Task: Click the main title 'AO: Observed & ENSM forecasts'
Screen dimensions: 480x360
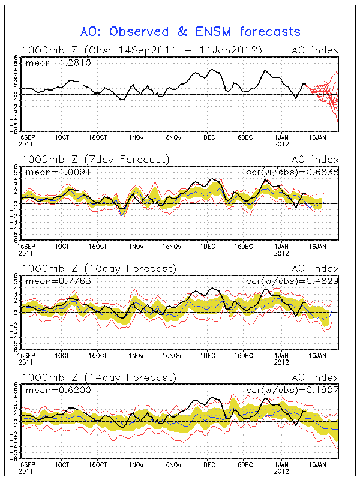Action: tap(191, 31)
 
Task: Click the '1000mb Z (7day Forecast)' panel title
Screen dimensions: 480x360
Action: tap(96, 159)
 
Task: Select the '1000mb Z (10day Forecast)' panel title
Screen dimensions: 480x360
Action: tap(99, 268)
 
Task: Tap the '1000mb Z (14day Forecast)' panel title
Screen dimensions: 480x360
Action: tap(99, 377)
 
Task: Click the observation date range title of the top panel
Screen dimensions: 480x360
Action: tap(141, 50)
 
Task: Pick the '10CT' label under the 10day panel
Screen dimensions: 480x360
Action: tap(62, 355)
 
